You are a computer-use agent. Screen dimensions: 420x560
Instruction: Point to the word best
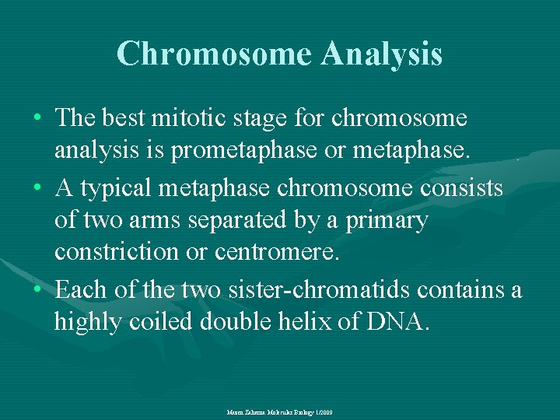121,118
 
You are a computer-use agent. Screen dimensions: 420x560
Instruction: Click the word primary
387,221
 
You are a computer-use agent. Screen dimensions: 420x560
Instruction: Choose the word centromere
276,253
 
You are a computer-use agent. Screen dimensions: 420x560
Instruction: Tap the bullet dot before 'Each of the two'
39,291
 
